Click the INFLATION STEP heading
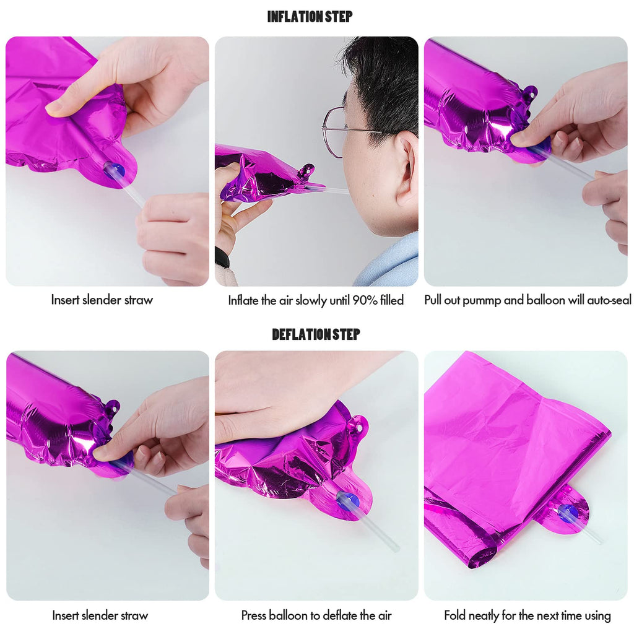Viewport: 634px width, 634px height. point(310,17)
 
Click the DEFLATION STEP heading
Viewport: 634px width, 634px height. point(316,334)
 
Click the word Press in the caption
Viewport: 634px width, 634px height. point(254,615)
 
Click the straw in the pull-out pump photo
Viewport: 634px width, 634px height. point(562,163)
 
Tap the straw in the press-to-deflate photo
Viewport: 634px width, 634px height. point(373,530)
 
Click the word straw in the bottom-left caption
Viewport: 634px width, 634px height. point(134,615)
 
